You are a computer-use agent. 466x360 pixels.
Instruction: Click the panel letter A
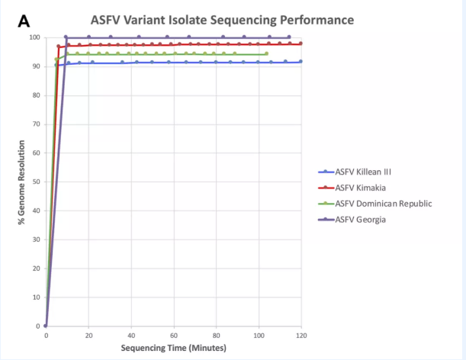pos(24,22)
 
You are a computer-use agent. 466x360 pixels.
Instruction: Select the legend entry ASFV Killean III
pos(370,172)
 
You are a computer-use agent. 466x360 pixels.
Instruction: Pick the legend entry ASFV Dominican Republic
pos(384,204)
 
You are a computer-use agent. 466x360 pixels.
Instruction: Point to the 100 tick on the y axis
pos(34,37)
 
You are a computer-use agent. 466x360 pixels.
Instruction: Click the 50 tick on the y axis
pos(36,182)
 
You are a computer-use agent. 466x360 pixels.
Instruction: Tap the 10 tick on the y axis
pos(36,297)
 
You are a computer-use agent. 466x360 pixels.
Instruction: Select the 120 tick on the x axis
pos(301,336)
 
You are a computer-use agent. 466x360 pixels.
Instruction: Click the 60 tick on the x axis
pos(174,336)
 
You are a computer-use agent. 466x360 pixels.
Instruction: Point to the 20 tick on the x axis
pos(88,336)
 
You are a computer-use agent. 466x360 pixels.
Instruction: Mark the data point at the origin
pos(46,326)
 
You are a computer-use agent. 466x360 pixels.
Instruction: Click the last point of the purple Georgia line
pos(288,37)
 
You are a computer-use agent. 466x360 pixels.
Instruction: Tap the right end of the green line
pos(266,53)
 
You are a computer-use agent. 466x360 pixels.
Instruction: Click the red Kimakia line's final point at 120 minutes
pos(301,43)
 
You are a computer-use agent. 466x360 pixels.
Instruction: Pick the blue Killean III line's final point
pos(301,61)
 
